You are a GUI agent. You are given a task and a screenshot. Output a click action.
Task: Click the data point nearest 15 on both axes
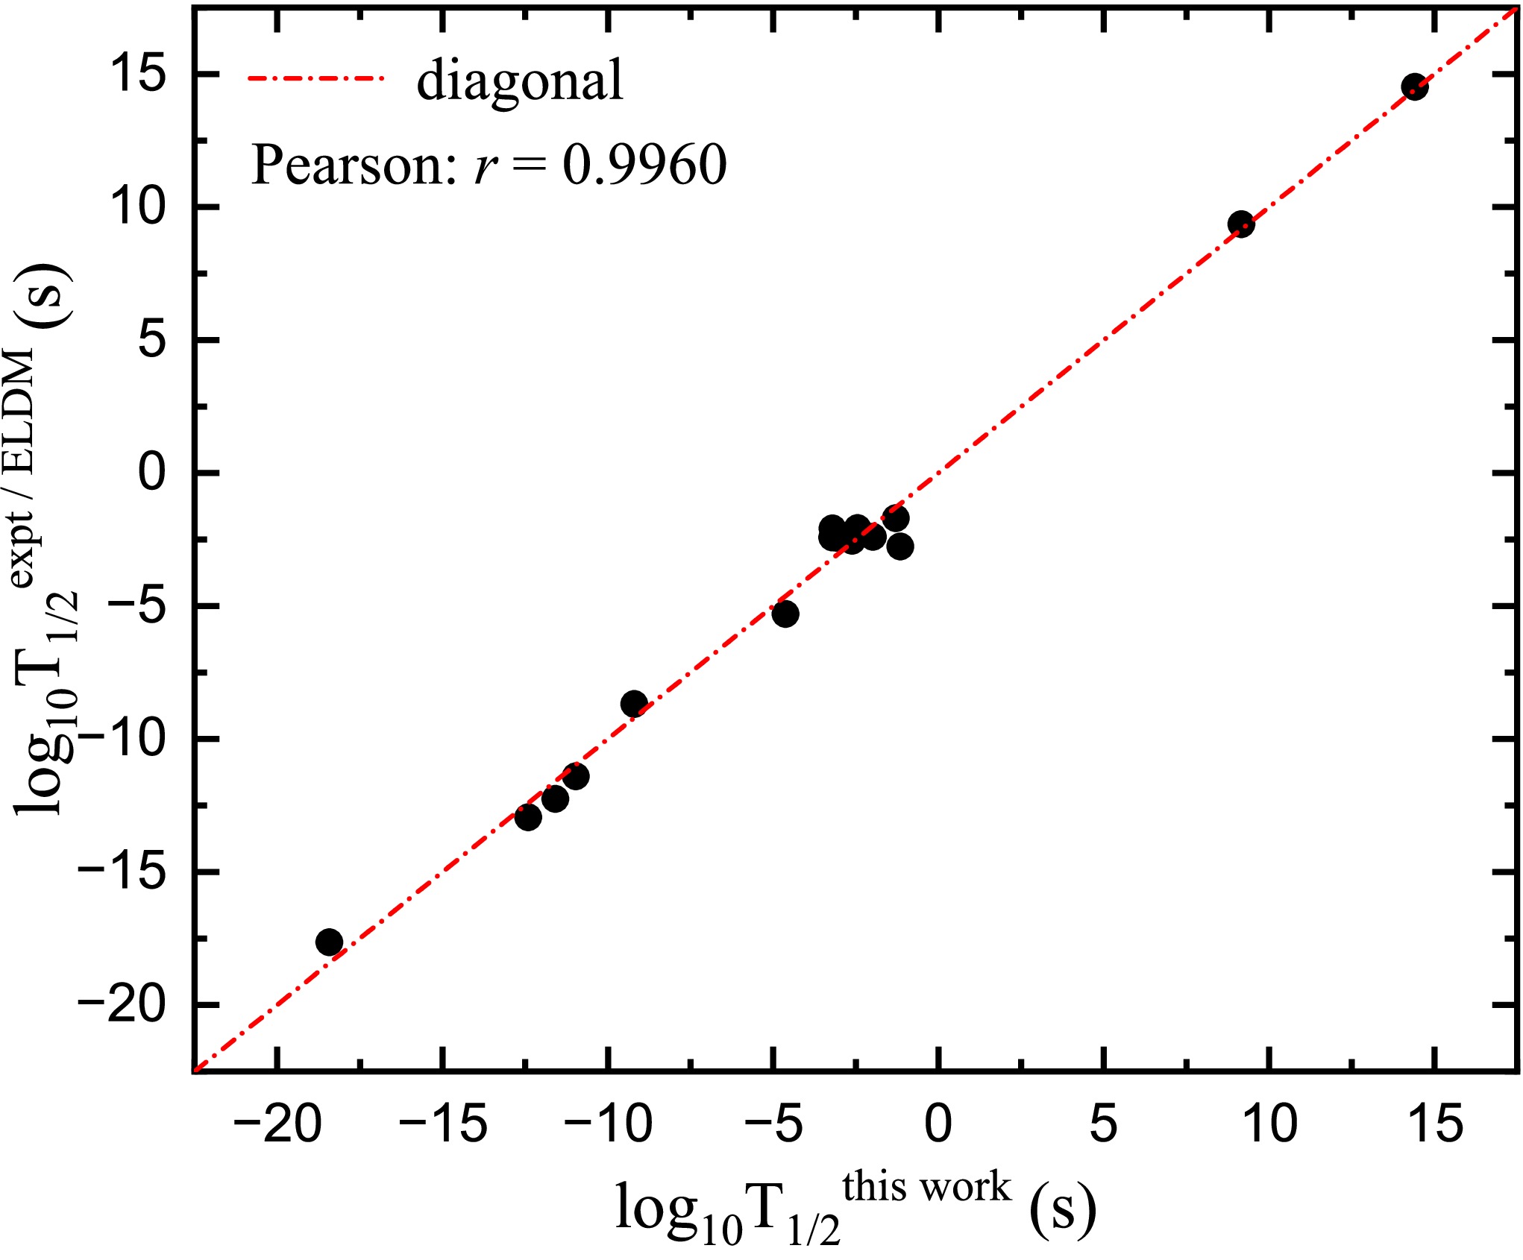1414,87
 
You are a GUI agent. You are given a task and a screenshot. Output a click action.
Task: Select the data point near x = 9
1240,224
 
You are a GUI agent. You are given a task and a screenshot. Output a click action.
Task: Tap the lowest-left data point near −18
329,942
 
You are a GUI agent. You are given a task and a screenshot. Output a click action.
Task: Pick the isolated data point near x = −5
785,614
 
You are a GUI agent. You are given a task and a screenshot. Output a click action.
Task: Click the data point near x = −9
634,703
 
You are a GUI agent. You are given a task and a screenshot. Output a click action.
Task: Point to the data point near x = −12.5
528,817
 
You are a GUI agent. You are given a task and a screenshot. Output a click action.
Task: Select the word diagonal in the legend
519,81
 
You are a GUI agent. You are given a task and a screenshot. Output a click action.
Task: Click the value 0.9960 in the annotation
644,165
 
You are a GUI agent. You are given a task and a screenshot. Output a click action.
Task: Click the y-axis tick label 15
138,74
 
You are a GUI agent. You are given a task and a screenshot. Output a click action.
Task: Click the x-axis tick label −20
277,1125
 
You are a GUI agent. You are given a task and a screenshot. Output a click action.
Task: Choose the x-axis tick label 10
1269,1125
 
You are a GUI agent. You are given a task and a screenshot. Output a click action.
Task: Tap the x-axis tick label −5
774,1125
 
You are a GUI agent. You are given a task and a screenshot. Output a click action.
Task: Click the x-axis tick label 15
1435,1125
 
